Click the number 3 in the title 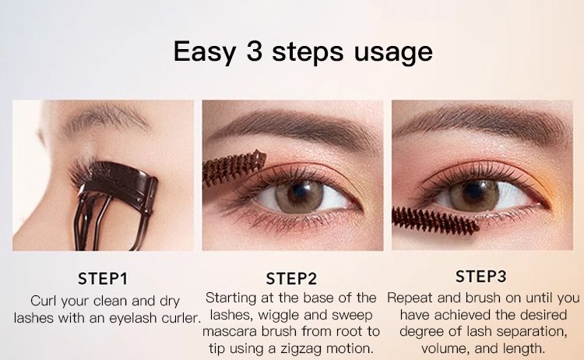pos(255,51)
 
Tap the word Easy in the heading pos(205,52)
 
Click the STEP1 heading pos(103,278)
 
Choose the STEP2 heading pos(291,278)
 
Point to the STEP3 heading pos(481,276)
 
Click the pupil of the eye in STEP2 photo pos(299,191)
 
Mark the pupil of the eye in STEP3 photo pos(473,191)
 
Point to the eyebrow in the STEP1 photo pos(106,118)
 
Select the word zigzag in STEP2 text pos(301,349)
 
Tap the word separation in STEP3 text pos(532,332)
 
